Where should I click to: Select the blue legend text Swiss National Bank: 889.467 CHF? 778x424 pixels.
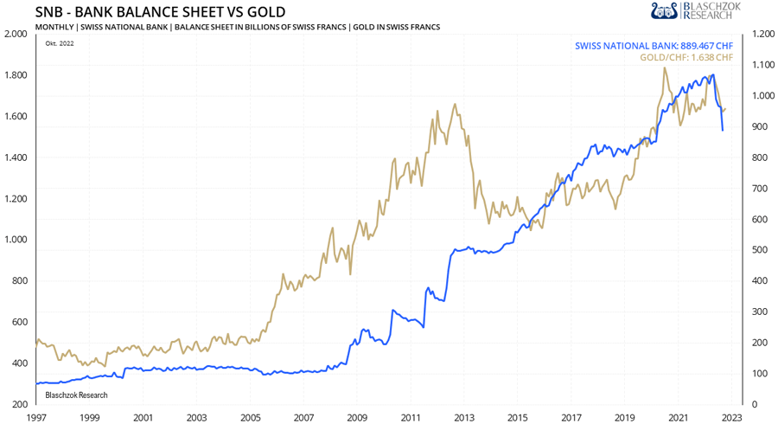click(x=654, y=46)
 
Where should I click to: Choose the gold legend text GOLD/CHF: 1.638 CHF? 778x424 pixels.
click(x=686, y=58)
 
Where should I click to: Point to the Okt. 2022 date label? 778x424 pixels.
click(x=60, y=43)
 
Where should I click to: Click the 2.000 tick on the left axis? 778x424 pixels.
click(x=16, y=34)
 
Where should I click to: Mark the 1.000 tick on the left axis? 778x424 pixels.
click(x=16, y=240)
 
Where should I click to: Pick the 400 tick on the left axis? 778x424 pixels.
click(x=19, y=363)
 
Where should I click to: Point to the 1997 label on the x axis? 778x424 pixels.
click(x=36, y=416)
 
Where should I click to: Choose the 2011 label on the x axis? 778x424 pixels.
click(x=411, y=416)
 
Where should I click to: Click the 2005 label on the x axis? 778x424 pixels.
click(x=250, y=416)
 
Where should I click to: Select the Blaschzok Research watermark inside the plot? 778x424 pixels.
click(x=76, y=395)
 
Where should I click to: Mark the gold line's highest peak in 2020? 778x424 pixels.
click(x=664, y=67)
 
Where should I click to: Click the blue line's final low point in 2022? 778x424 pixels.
click(x=723, y=131)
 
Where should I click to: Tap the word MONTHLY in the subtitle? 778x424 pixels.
click(x=54, y=28)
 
